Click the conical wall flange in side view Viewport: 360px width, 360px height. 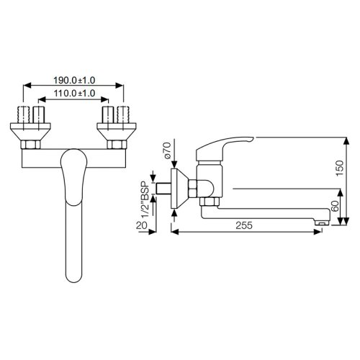181,189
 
